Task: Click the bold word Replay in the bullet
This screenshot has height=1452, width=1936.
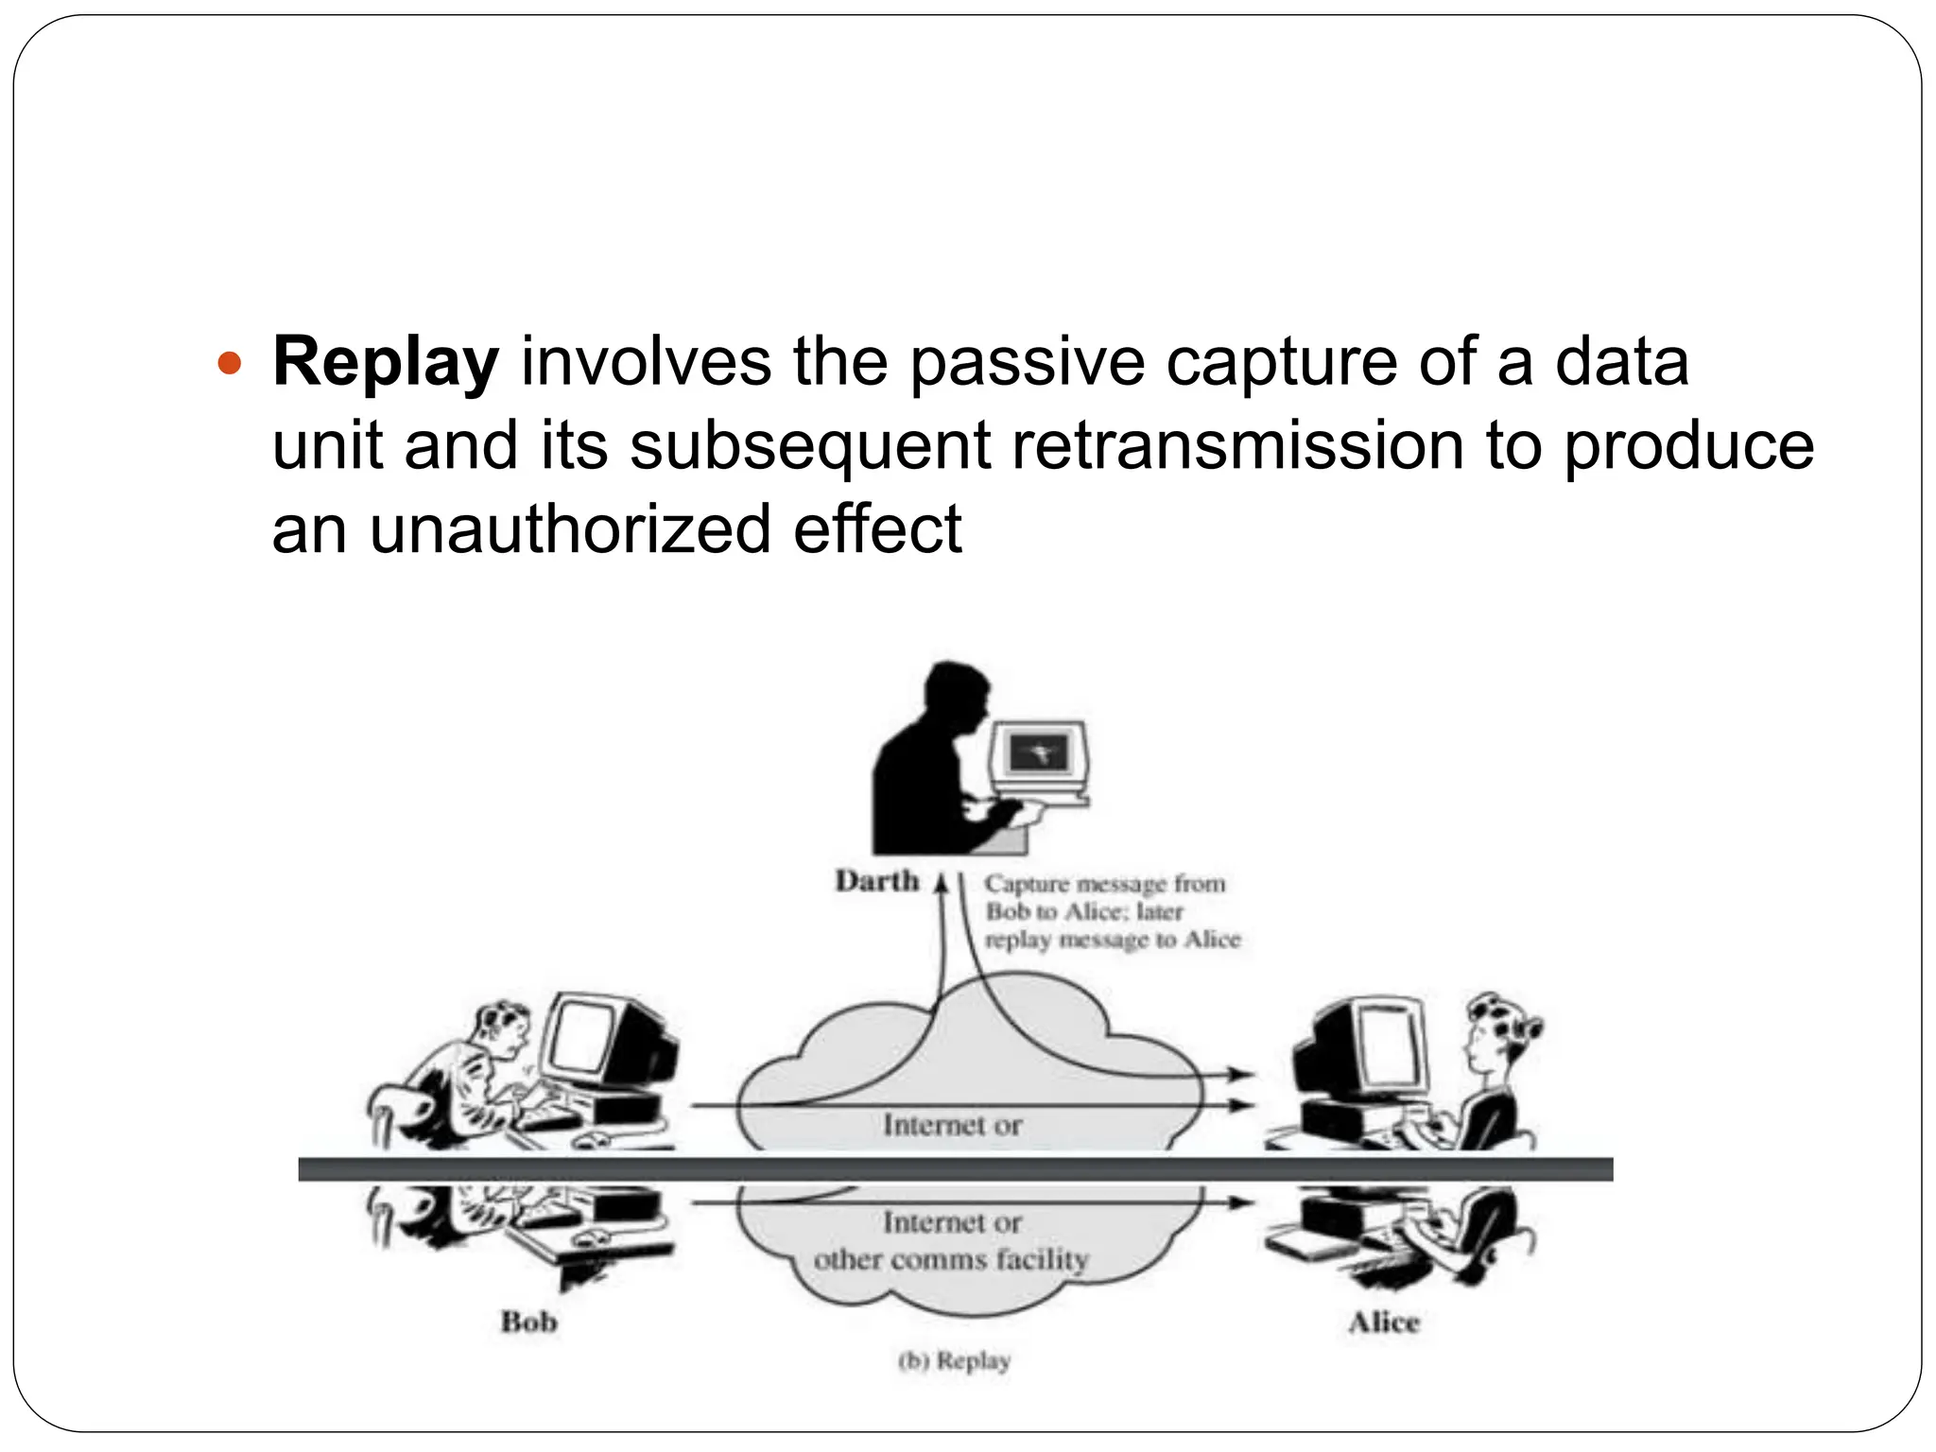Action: [x=385, y=364]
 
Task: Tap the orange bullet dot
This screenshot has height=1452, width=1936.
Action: [x=230, y=363]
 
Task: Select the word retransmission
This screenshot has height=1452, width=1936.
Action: [x=1236, y=446]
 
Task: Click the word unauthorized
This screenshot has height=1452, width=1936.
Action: [x=570, y=528]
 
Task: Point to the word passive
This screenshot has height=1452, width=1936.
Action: [x=1027, y=364]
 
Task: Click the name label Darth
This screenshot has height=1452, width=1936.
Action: [x=876, y=881]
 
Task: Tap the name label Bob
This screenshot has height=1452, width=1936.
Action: [x=528, y=1321]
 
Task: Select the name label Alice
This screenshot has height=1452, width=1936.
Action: [x=1383, y=1322]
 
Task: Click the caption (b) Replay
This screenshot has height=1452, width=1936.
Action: [x=954, y=1361]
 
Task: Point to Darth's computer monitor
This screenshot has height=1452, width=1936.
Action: [x=1038, y=753]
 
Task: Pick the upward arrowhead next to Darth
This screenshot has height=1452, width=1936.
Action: [x=941, y=884]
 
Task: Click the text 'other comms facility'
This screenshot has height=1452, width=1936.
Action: [x=951, y=1260]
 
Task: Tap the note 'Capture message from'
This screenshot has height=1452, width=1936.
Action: [x=1104, y=884]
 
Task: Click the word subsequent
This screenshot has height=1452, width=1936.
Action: [x=810, y=446]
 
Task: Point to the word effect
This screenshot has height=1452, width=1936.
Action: [x=877, y=528]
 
